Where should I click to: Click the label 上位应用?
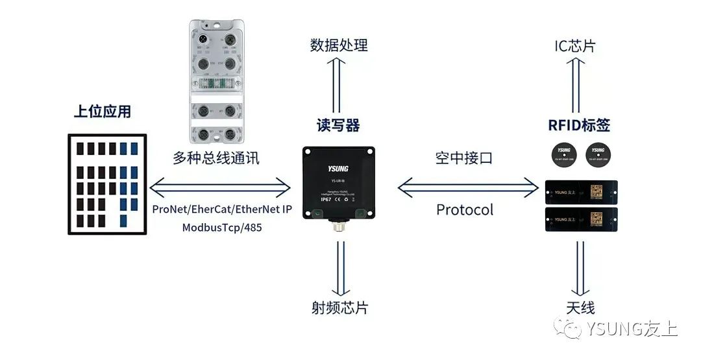(102, 112)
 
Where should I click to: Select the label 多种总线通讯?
(216, 158)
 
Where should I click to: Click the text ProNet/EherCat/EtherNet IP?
(223, 210)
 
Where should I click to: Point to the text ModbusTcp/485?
(223, 228)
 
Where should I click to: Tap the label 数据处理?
(338, 45)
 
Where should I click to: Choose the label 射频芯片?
(338, 307)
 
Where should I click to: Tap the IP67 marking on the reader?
(326, 200)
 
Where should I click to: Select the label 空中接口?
(464, 158)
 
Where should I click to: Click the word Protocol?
(465, 210)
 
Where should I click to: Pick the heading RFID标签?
(579, 125)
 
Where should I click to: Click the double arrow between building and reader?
(221, 188)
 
